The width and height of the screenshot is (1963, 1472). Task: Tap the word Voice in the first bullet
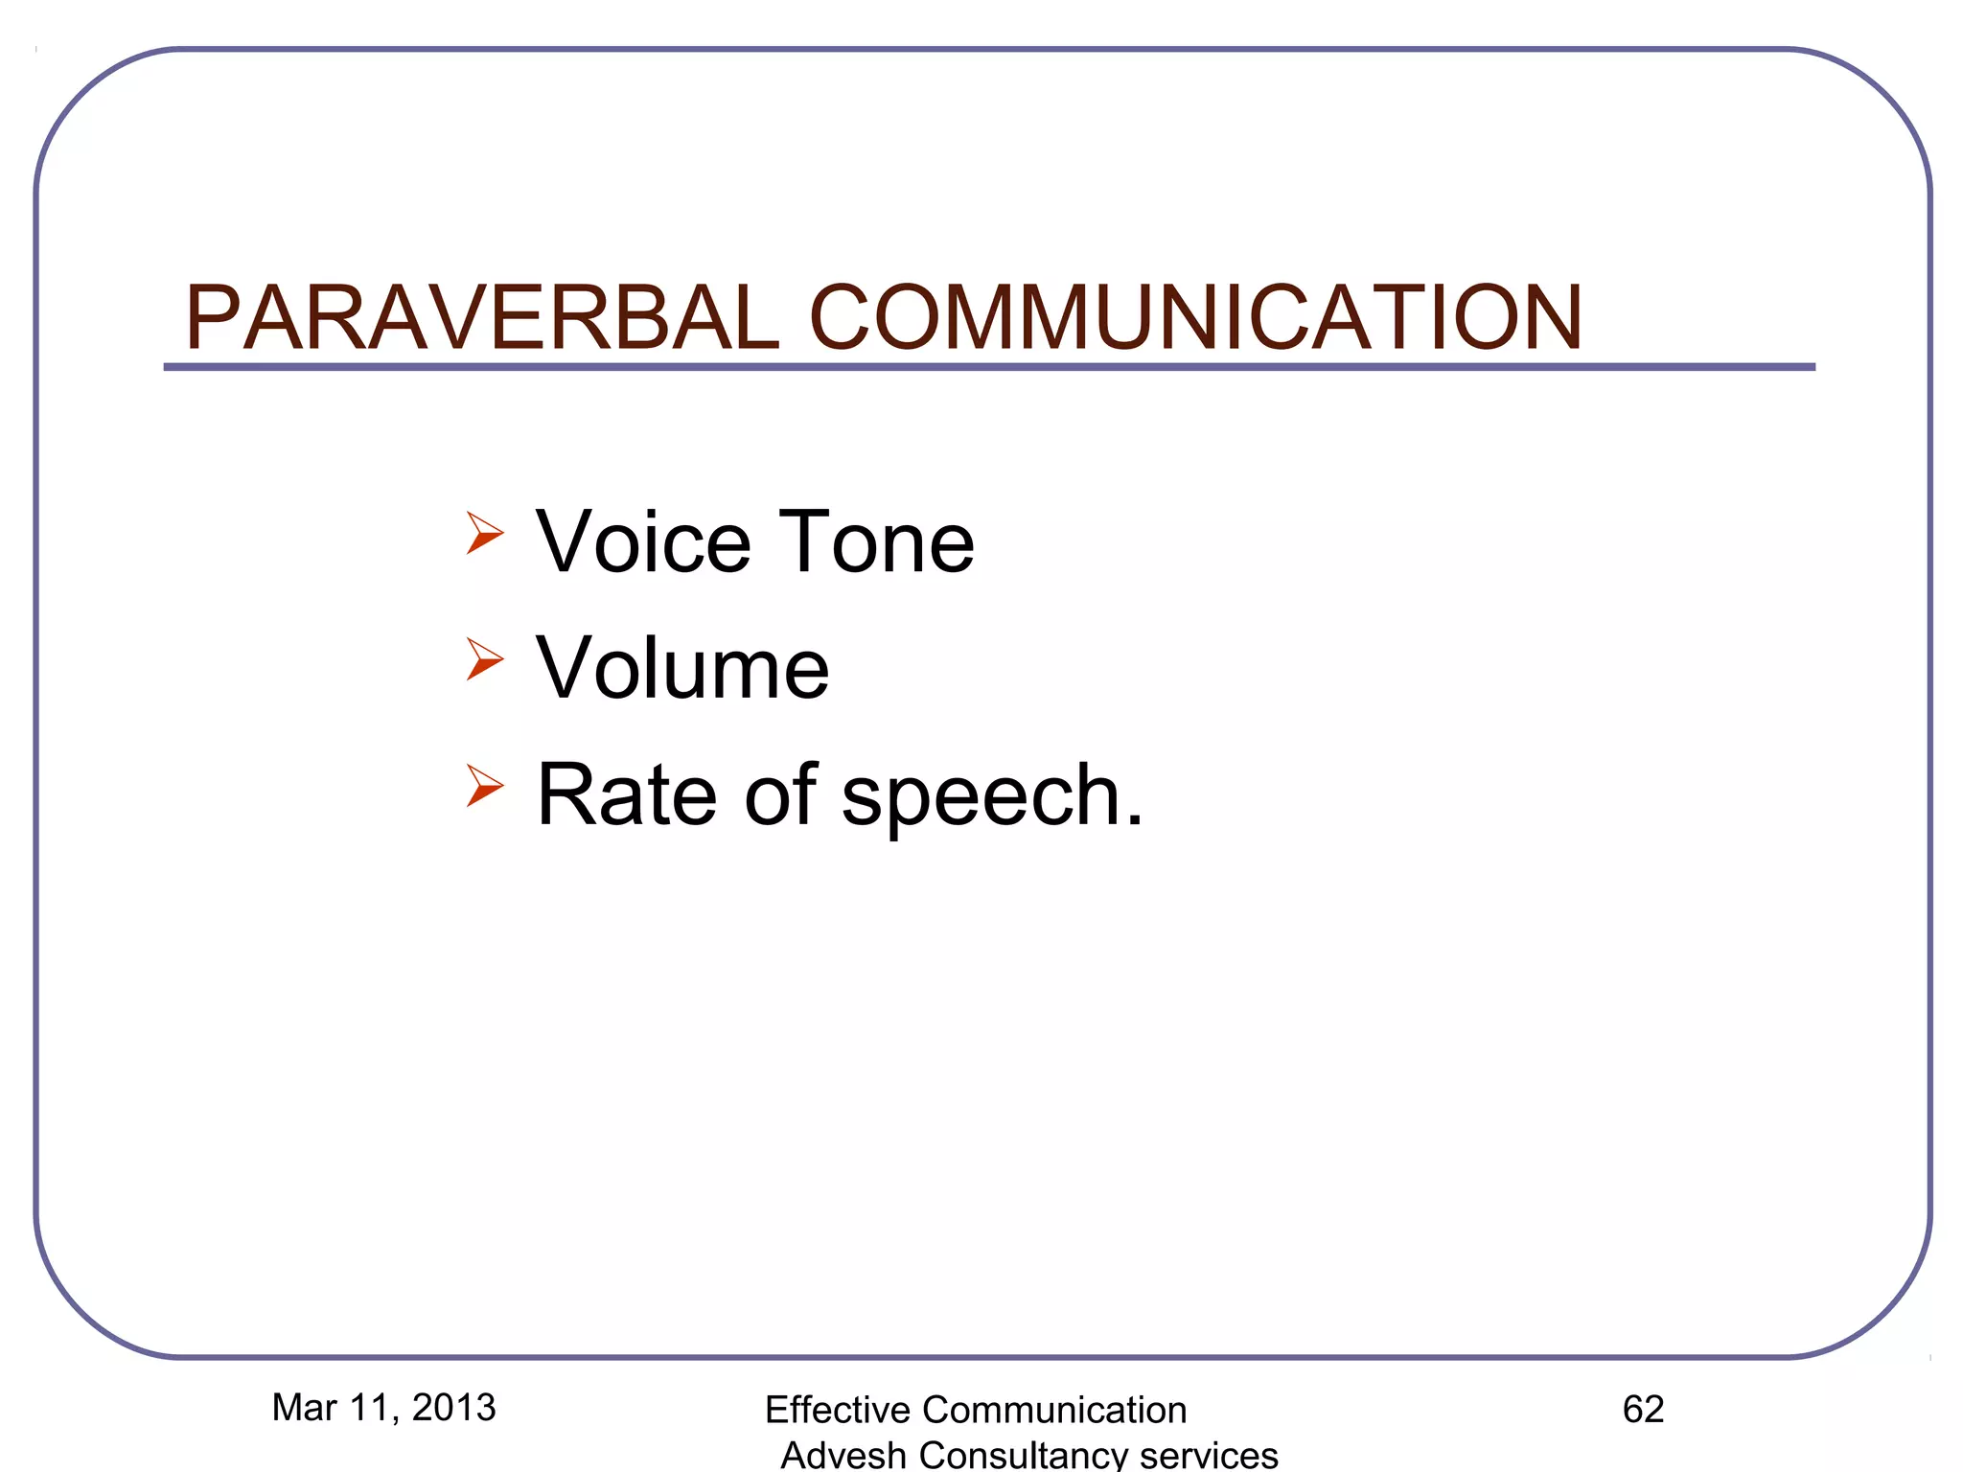click(x=643, y=542)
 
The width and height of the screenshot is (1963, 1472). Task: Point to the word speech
click(x=991, y=796)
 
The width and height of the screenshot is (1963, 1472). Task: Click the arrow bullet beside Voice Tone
click(x=485, y=532)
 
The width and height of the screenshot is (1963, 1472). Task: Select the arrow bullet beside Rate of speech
click(x=485, y=785)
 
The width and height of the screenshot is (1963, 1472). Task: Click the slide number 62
click(x=1643, y=1409)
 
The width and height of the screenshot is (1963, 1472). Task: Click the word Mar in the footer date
click(x=305, y=1407)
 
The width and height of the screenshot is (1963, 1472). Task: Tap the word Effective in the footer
click(x=837, y=1410)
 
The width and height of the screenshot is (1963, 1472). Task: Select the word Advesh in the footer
click(x=843, y=1455)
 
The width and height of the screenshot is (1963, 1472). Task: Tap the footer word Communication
click(x=1053, y=1410)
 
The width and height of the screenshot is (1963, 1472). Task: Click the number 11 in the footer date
click(x=369, y=1407)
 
